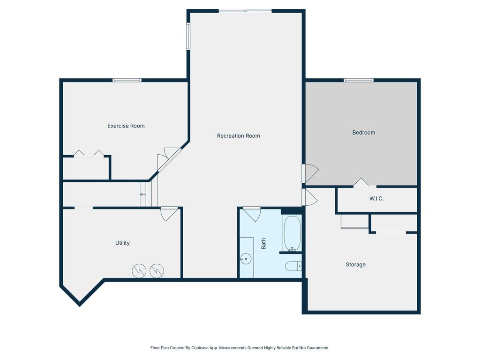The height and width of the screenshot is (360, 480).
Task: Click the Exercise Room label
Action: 126,126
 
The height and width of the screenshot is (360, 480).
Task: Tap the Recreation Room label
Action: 238,136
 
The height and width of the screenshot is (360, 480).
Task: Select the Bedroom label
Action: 364,133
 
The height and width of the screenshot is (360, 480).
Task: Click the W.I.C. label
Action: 376,199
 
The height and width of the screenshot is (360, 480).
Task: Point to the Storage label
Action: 355,265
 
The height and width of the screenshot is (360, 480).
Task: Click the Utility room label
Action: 122,243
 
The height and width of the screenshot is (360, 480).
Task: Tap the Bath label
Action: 263,243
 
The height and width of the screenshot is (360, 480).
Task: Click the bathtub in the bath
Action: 292,233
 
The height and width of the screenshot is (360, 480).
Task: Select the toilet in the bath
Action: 293,267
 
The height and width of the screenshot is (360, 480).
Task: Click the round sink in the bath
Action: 245,258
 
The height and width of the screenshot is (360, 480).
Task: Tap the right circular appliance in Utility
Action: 156,270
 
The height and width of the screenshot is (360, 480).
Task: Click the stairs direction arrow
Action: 142,195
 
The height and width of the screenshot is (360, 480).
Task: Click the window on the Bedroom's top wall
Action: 359,80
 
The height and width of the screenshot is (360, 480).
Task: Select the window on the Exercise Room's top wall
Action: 127,80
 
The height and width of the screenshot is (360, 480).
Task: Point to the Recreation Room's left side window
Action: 188,36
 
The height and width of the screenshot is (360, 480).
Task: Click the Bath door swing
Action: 252,214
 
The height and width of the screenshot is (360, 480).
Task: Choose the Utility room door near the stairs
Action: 169,213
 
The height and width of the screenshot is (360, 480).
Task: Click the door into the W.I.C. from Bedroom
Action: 361,183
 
